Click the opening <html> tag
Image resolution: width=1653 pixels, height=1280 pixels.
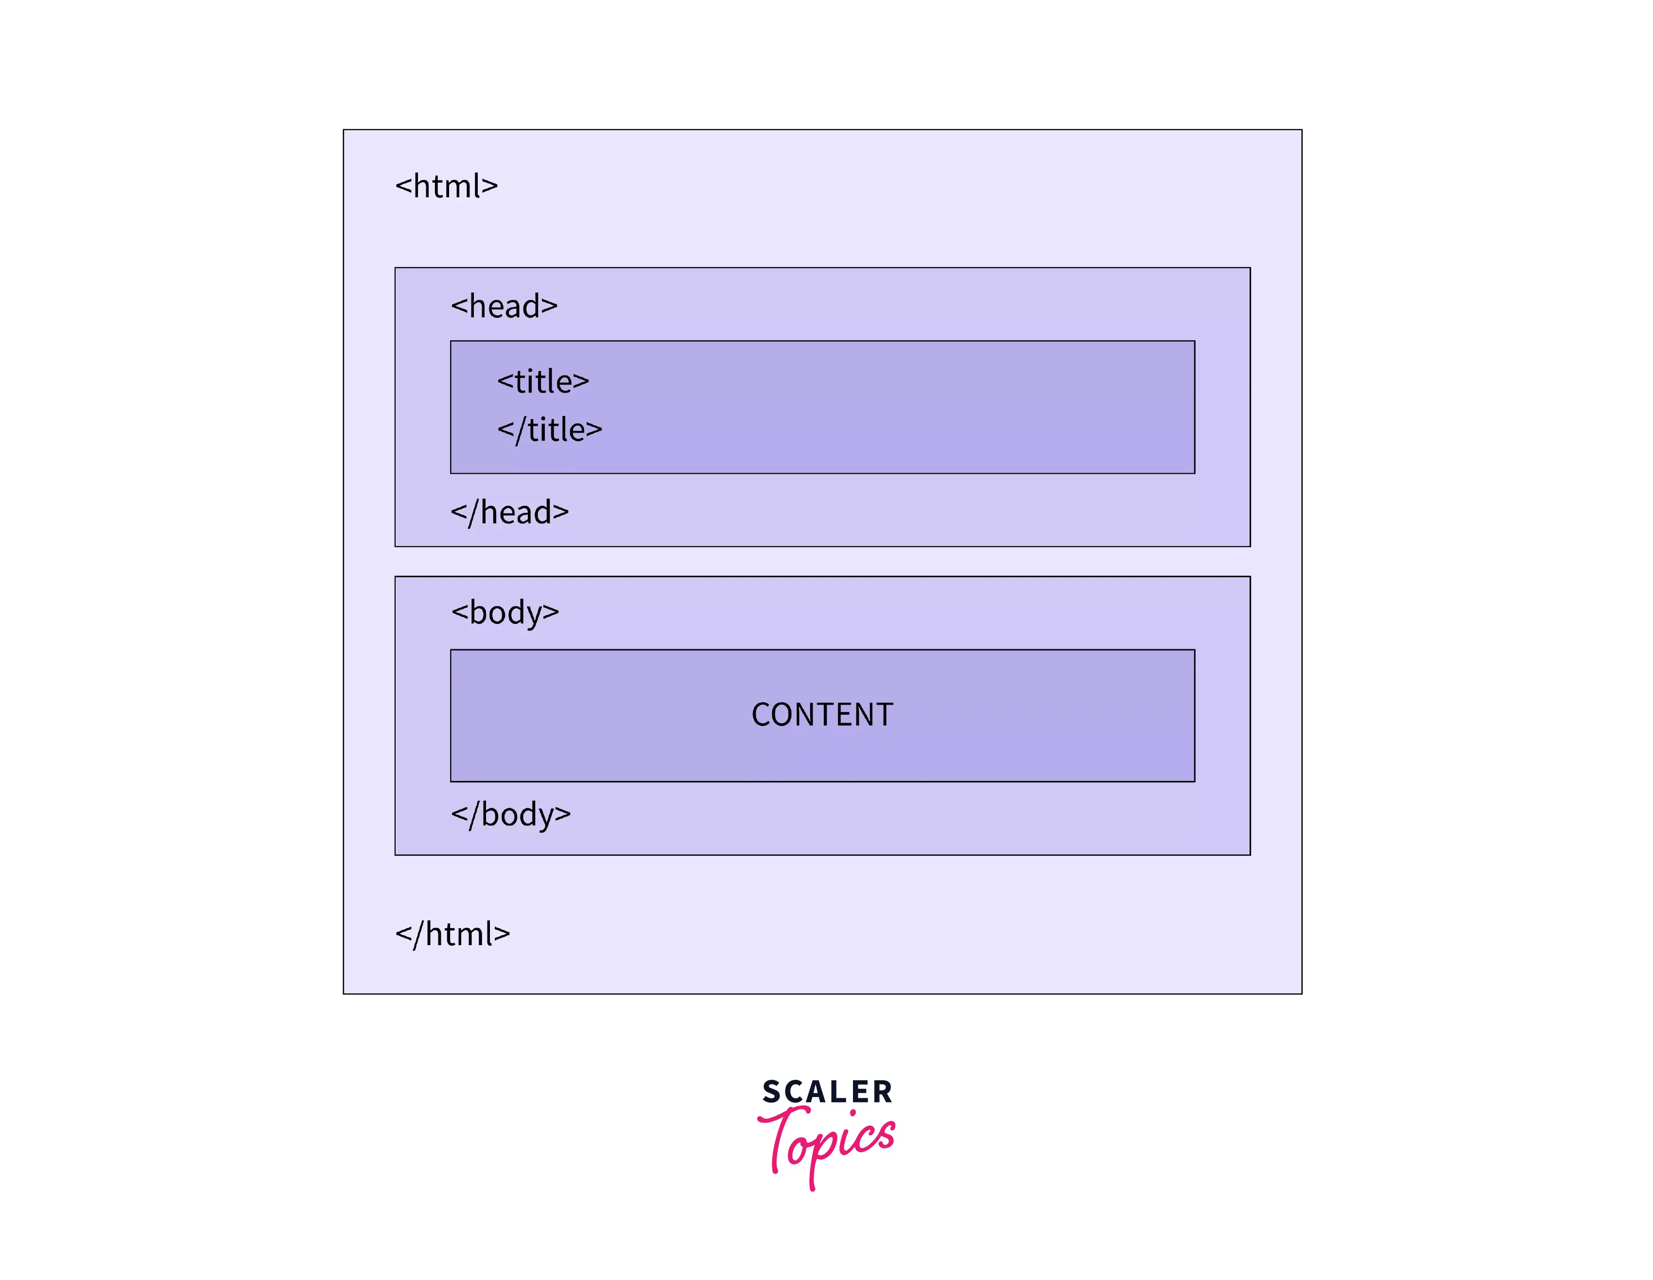tap(447, 186)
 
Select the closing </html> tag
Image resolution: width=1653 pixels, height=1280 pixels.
tap(452, 934)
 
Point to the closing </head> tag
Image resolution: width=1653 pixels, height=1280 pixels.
tap(509, 513)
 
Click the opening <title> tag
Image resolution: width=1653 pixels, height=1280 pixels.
tap(543, 381)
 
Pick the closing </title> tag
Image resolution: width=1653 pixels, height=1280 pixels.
tap(550, 430)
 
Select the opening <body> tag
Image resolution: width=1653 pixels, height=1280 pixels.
tap(505, 612)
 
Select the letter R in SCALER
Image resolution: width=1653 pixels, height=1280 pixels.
tap(883, 1092)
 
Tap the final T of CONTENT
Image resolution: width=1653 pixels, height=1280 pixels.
tap(884, 714)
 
